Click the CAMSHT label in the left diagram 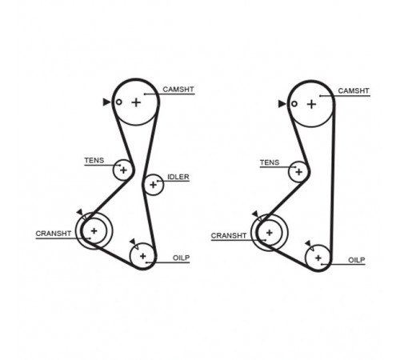click(x=178, y=90)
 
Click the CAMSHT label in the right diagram click(x=354, y=91)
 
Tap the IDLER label click(x=178, y=177)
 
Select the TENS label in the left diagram click(x=94, y=161)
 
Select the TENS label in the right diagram click(x=270, y=162)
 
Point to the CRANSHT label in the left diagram click(x=54, y=234)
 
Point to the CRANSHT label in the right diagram click(x=229, y=236)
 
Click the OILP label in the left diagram click(x=182, y=258)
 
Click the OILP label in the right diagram click(x=357, y=260)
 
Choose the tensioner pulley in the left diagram click(x=114, y=170)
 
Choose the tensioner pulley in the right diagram click(x=290, y=171)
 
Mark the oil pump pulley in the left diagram click(x=130, y=256)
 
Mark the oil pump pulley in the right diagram click(x=306, y=258)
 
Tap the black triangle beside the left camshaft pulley click(x=106, y=102)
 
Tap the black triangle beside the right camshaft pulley click(x=282, y=104)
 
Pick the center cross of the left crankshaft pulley click(x=94, y=231)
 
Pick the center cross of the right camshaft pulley click(x=311, y=104)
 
